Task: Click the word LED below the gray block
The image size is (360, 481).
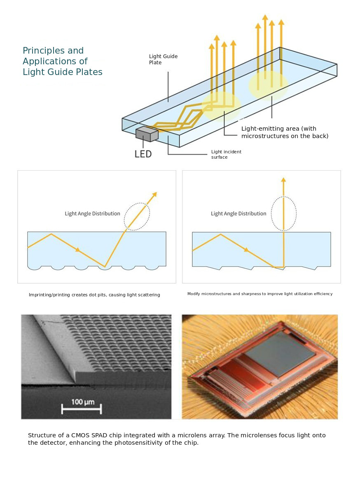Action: tap(143, 154)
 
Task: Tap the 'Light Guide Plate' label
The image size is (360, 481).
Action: tap(163, 59)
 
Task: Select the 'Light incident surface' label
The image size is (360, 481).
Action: tap(226, 154)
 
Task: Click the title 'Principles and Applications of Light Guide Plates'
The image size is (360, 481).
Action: tap(63, 61)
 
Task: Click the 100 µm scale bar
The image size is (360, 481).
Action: tap(82, 409)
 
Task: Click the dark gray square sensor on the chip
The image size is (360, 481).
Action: tap(280, 353)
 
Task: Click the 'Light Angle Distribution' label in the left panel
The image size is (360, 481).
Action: tap(92, 214)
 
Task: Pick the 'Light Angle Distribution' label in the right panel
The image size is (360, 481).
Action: tap(238, 214)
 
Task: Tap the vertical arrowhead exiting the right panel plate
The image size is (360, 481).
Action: tap(284, 180)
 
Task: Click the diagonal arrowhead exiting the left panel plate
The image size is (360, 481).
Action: tap(154, 195)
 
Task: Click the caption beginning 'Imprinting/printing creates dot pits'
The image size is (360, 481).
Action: tap(94, 295)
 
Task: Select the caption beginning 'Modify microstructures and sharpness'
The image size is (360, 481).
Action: tap(260, 294)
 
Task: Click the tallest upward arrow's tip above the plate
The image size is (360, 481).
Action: tap(265, 15)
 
